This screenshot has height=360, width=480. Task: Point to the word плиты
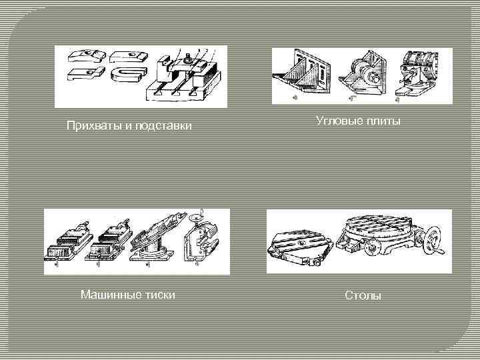click(383, 121)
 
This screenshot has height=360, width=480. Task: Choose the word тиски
click(159, 294)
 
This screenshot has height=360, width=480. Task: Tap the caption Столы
click(363, 295)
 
